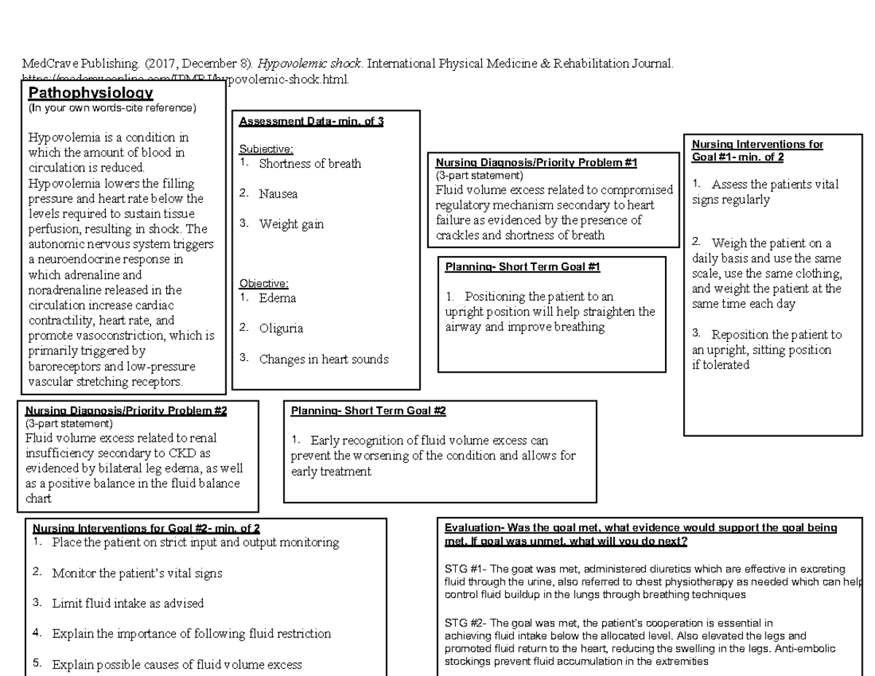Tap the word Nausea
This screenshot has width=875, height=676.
pos(278,194)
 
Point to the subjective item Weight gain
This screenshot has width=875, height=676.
pos(291,225)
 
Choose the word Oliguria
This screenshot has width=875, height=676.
pos(281,328)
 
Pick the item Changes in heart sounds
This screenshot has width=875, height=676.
pos(323,359)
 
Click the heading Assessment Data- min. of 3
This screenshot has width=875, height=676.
pos(311,122)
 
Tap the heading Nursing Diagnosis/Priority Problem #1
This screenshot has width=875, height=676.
pos(536,163)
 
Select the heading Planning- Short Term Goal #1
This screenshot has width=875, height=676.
pos(522,267)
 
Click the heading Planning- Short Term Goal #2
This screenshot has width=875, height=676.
pos(368,411)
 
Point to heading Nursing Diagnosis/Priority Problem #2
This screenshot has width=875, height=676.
pos(125,411)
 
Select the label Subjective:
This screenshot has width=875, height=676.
pos(266,149)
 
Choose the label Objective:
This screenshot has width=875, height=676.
pos(264,283)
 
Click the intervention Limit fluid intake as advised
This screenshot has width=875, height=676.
pos(128,603)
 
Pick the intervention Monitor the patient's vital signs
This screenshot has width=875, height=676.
pos(137,573)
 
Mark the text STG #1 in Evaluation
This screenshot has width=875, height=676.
pos(462,569)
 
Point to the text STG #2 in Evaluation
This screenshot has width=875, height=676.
pos(462,623)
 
